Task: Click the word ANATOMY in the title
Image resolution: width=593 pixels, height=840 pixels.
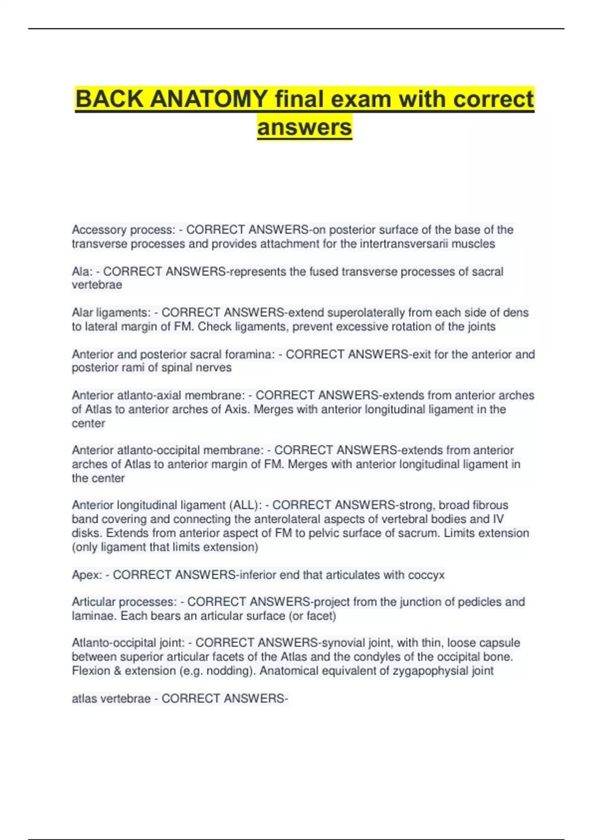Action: pyautogui.click(x=209, y=99)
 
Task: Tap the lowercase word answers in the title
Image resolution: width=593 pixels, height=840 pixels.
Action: pyautogui.click(x=304, y=127)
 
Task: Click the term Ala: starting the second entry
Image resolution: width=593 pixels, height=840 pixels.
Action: pyautogui.click(x=82, y=271)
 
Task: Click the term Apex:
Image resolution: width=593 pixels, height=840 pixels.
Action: pyautogui.click(x=87, y=575)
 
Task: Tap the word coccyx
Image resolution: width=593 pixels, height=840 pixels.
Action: pyautogui.click(x=426, y=575)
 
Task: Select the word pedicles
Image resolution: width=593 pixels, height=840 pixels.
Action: pyautogui.click(x=479, y=602)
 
